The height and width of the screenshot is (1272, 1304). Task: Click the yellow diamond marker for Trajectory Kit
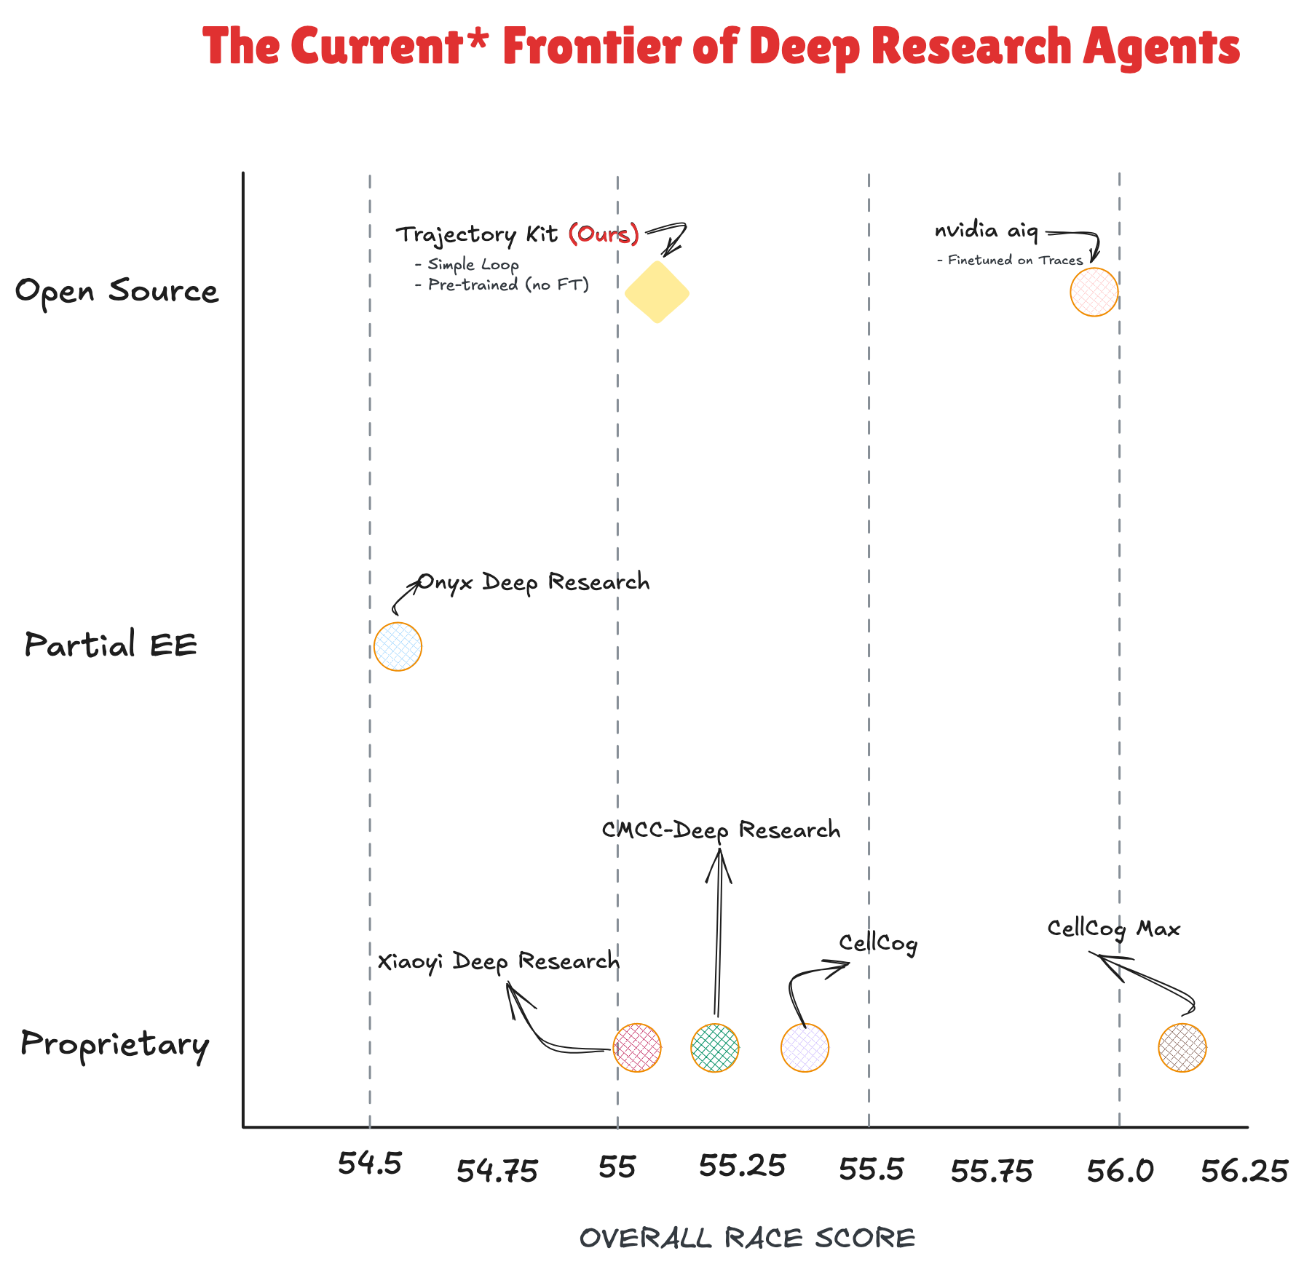[x=657, y=293]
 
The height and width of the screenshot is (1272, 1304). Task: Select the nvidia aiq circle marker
[x=1094, y=293]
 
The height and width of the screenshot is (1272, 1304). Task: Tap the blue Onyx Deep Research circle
[x=398, y=646]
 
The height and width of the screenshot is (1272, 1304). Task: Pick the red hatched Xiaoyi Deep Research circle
[x=637, y=1048]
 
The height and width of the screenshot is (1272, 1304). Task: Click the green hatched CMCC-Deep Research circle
[x=715, y=1048]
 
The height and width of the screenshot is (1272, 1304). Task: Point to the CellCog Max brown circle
[x=1182, y=1048]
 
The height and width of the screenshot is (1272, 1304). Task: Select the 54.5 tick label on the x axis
[x=370, y=1164]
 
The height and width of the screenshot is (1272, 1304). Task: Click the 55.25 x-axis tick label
[x=742, y=1166]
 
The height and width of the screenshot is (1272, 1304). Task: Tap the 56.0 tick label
[x=1120, y=1171]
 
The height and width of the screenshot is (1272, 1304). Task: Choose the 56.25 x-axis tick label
[x=1244, y=1172]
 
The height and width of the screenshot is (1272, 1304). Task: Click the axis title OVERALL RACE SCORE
[x=747, y=1239]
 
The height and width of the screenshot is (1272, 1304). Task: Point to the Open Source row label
[x=116, y=291]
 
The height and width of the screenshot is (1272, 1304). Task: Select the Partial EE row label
[x=111, y=645]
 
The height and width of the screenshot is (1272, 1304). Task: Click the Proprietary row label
[x=115, y=1045]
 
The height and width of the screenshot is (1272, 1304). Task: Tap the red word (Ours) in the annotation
[x=604, y=234]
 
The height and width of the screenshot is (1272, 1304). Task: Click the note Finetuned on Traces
[x=1015, y=261]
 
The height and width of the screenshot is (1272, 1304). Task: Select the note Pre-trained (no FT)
[x=508, y=285]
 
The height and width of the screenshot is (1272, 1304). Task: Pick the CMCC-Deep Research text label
[x=721, y=830]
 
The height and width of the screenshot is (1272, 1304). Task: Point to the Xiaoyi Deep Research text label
[x=498, y=961]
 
